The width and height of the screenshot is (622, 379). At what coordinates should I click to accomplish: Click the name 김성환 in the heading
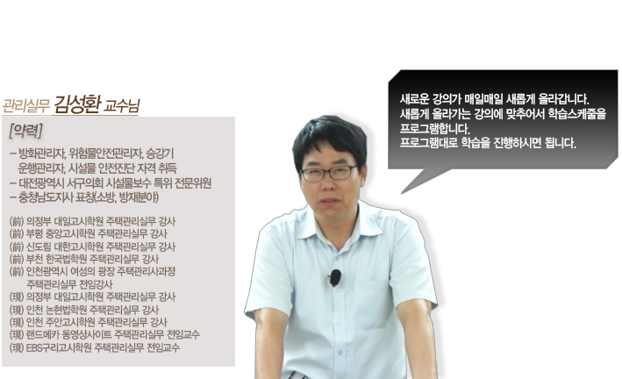pyautogui.click(x=77, y=104)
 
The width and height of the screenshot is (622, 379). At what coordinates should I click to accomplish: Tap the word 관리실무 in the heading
pyautogui.click(x=26, y=105)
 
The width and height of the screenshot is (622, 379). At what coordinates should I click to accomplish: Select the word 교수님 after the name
pyautogui.click(x=122, y=106)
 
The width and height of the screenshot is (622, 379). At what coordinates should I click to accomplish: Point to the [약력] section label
pyautogui.click(x=25, y=131)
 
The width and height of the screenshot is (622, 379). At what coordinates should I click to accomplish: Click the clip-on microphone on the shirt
pyautogui.click(x=335, y=277)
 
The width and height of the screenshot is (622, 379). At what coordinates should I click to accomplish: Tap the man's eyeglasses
pyautogui.click(x=329, y=173)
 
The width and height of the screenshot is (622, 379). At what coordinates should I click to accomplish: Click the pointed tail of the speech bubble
pyautogui.click(x=402, y=193)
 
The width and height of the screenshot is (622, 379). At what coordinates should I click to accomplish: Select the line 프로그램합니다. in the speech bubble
pyautogui.click(x=435, y=129)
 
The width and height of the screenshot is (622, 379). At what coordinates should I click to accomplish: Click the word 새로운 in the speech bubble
pyautogui.click(x=412, y=98)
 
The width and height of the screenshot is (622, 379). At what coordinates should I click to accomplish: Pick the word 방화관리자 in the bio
pyautogui.click(x=42, y=153)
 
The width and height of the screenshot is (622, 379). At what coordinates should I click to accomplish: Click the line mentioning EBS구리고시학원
pyautogui.click(x=95, y=348)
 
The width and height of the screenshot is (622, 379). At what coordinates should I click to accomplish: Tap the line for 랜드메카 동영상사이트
pyautogui.click(x=104, y=334)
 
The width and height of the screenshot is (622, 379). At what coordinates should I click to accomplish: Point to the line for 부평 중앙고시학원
pyautogui.click(x=88, y=233)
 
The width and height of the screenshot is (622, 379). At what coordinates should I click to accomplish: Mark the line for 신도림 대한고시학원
pyautogui.click(x=92, y=247)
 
